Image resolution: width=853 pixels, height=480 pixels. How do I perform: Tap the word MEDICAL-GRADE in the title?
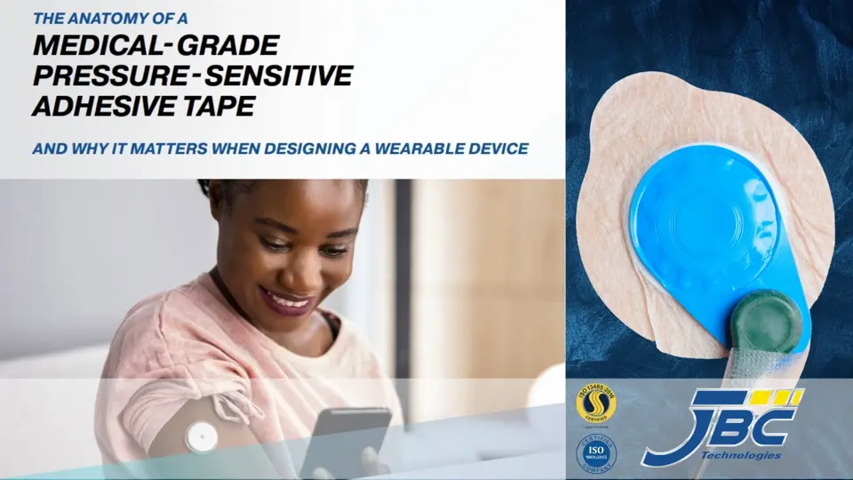click(x=155, y=44)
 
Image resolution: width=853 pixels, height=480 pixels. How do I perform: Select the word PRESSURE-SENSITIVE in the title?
click(x=192, y=76)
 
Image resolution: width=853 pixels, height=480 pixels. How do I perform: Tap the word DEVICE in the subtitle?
click(x=498, y=148)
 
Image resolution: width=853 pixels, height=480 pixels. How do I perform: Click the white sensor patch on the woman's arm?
click(x=201, y=436)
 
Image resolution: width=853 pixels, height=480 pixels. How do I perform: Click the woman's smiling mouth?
click(x=287, y=300)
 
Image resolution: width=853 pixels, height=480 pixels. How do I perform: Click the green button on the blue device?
click(x=765, y=321)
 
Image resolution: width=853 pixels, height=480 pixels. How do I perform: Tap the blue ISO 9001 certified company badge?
click(x=597, y=452)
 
